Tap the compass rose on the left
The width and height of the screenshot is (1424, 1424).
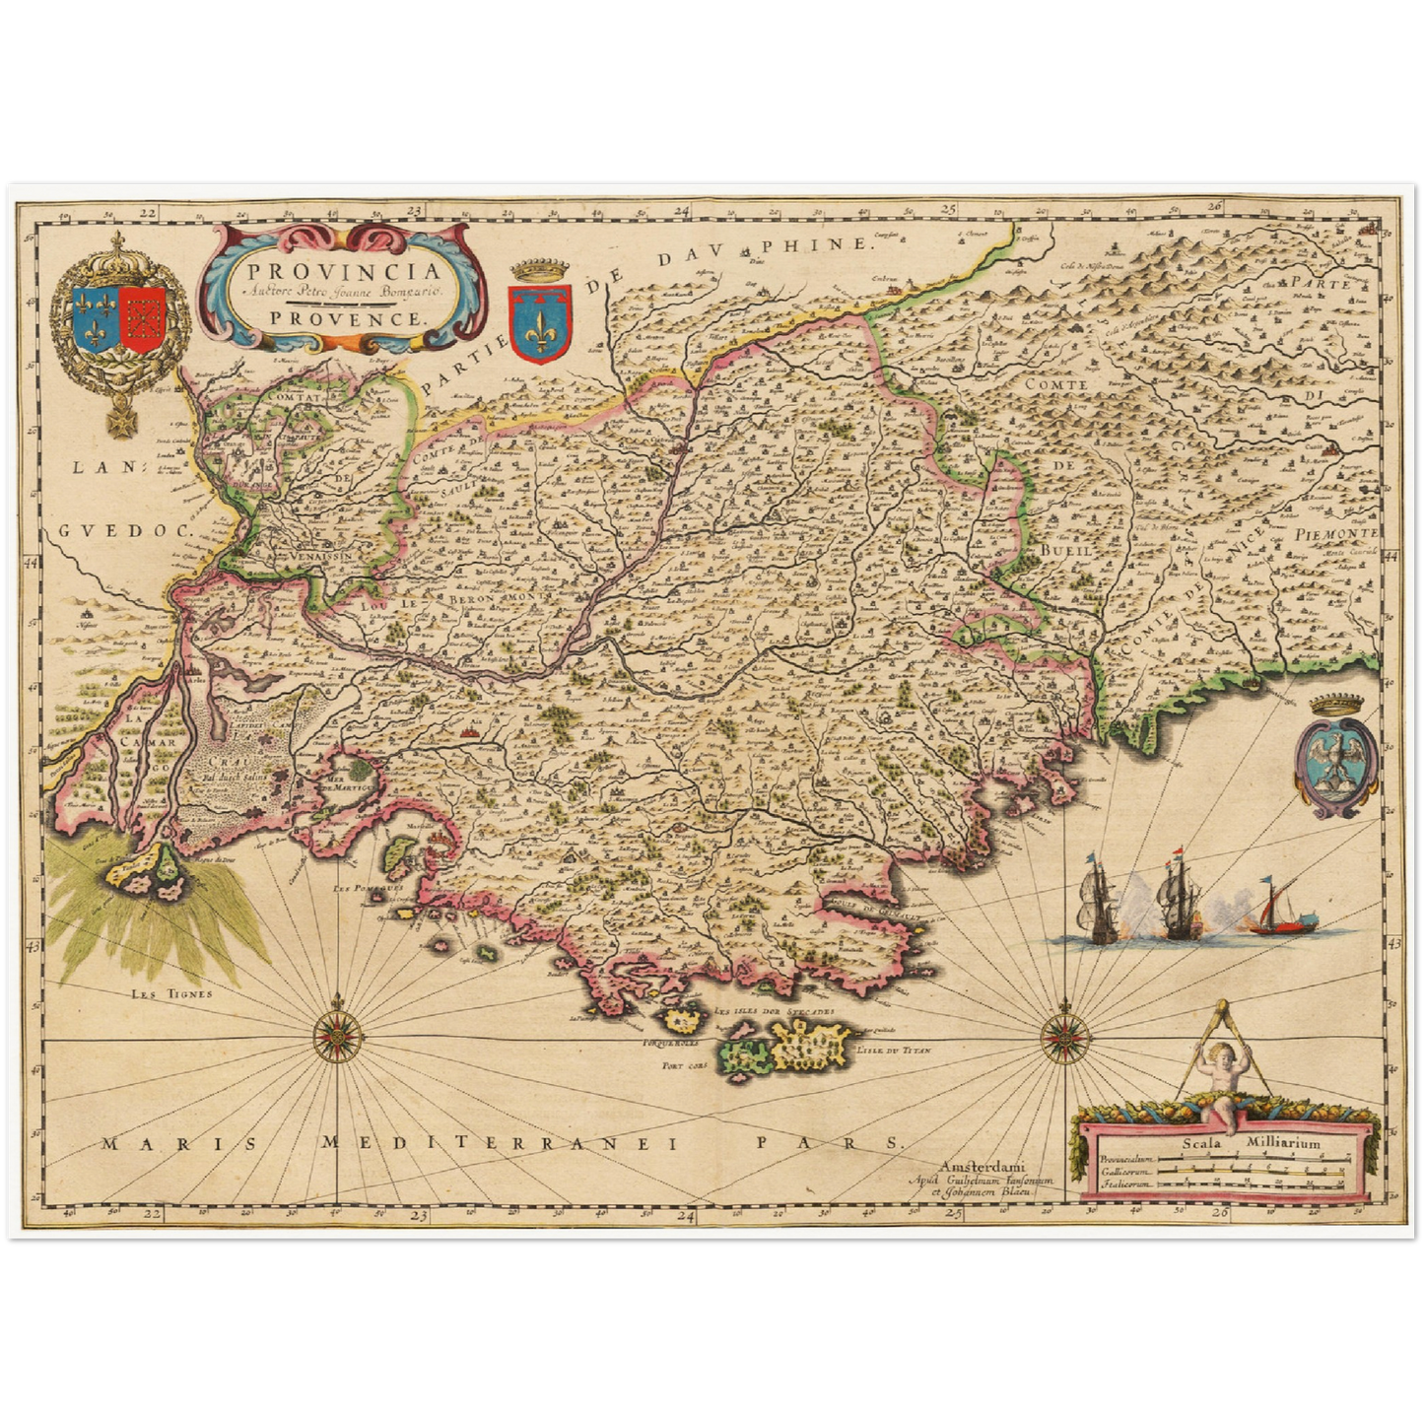338,1036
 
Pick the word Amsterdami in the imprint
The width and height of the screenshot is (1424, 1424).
983,1167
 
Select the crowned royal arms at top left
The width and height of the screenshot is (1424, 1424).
119,321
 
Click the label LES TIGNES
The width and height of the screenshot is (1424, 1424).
171,993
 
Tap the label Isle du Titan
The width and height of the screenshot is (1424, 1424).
895,1051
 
